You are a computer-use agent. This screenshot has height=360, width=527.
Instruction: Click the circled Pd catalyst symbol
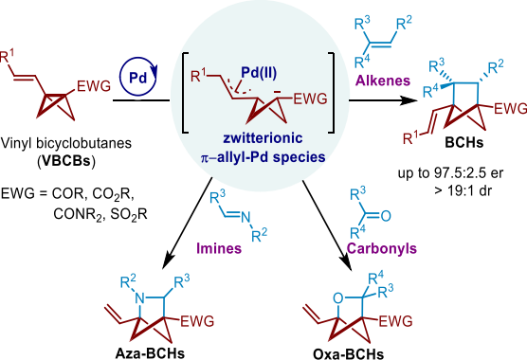tap(138, 77)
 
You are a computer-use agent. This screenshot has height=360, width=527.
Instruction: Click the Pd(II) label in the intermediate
tap(259, 73)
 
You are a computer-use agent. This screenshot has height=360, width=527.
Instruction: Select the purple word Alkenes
tap(383, 81)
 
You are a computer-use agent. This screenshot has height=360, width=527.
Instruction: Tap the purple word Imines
tap(219, 248)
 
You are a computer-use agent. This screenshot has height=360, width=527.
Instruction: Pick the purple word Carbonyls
tap(382, 248)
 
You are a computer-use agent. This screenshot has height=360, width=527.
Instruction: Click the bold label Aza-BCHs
tap(150, 353)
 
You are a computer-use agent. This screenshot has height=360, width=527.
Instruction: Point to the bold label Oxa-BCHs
tap(348, 354)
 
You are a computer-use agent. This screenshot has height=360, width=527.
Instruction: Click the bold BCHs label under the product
tap(464, 142)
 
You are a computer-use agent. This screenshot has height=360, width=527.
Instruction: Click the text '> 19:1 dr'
tap(463, 190)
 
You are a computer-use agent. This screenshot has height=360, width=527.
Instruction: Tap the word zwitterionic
tap(263, 138)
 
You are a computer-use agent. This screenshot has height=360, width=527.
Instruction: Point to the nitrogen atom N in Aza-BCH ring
tap(140, 297)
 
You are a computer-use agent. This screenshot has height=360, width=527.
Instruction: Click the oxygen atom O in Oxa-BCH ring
tap(338, 297)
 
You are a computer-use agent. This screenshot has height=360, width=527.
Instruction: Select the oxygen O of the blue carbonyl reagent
tap(386, 216)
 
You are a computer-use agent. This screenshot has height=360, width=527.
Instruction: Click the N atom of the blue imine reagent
tap(245, 217)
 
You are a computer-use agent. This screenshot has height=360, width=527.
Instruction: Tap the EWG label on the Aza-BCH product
tap(197, 321)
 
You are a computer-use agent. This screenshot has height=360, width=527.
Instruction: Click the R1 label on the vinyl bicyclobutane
tap(8, 56)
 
